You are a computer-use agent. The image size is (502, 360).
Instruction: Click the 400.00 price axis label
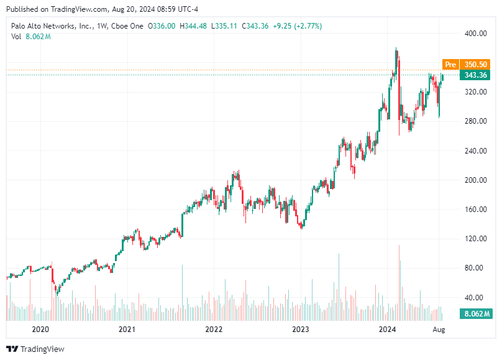[477, 34]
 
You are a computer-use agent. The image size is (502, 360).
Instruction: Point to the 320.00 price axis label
[477, 92]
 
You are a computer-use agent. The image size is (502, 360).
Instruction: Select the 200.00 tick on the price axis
[477, 180]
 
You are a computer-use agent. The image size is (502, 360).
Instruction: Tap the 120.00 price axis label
[477, 239]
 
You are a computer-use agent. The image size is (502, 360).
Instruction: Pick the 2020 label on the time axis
[40, 328]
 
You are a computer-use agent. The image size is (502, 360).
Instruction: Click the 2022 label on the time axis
[214, 328]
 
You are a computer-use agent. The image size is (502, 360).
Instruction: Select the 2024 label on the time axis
[388, 328]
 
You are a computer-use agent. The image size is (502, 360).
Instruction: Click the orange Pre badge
[450, 64]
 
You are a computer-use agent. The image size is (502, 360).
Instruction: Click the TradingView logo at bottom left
[35, 349]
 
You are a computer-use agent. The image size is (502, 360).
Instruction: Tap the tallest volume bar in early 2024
[399, 280]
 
